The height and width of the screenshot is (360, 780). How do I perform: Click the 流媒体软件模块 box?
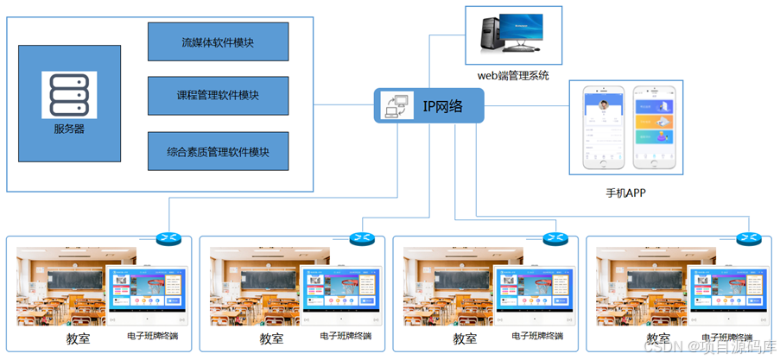pyautogui.click(x=218, y=41)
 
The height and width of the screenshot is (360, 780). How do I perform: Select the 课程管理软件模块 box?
pyautogui.click(x=218, y=95)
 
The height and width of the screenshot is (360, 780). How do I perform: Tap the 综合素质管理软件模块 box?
pyautogui.click(x=218, y=151)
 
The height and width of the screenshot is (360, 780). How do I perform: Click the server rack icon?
pyautogui.click(x=69, y=96)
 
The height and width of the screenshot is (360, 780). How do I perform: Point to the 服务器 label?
pyautogui.click(x=69, y=129)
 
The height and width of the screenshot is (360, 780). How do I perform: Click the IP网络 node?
pyautogui.click(x=429, y=106)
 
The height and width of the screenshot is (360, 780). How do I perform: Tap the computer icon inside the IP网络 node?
pyautogui.click(x=396, y=106)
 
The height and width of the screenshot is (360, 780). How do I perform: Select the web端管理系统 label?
pyautogui.click(x=514, y=75)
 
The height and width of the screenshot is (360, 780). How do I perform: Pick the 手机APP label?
pyautogui.click(x=625, y=193)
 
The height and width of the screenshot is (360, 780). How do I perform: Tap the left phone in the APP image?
pyautogui.click(x=603, y=127)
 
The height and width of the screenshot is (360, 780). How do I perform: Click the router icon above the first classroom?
pyautogui.click(x=167, y=238)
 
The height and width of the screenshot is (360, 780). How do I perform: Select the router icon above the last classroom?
pyautogui.click(x=747, y=238)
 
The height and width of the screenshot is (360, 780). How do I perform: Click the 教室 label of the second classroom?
pyautogui.click(x=272, y=339)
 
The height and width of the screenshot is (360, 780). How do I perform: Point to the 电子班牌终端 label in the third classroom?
pyautogui.click(x=538, y=336)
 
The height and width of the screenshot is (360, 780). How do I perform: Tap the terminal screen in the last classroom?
pyautogui.click(x=727, y=292)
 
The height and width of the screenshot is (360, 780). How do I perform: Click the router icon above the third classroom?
pyautogui.click(x=554, y=238)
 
